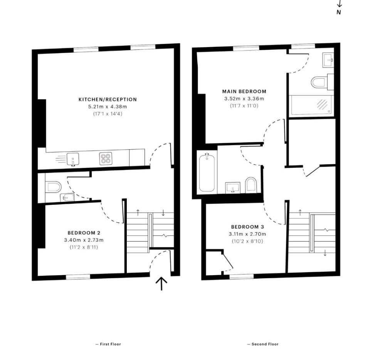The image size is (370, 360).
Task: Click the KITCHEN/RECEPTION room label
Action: pyautogui.click(x=108, y=99)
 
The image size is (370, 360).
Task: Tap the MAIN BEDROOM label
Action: pyautogui.click(x=244, y=91)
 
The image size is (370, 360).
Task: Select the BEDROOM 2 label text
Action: pyautogui.click(x=84, y=233)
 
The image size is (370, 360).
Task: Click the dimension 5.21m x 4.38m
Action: pyautogui.click(x=108, y=106)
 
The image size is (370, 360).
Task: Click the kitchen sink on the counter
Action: pyautogui.click(x=72, y=159)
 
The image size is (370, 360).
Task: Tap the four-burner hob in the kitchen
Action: pyautogui.click(x=105, y=159)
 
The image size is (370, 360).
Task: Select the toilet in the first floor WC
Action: pyautogui.click(x=53, y=187)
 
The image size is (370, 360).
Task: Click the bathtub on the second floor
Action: pyautogui.click(x=207, y=172)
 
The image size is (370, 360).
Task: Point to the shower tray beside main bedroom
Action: pyautogui.click(x=311, y=105)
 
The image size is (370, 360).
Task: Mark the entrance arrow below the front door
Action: pyautogui.click(x=161, y=284)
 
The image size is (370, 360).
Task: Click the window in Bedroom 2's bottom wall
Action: pyautogui.click(x=78, y=276)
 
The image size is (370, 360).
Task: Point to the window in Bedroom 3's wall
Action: pyautogui.click(x=241, y=276)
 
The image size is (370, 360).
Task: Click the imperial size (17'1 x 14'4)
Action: pyautogui.click(x=108, y=114)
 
